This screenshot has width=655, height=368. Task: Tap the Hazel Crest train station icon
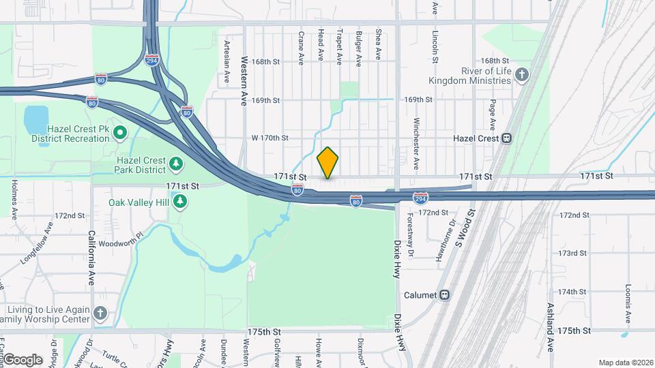507,138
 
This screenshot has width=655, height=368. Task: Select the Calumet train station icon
445,294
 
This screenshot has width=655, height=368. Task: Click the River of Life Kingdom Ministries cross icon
522,75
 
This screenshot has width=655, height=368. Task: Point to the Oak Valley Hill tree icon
180,201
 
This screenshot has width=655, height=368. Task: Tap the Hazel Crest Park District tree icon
176,164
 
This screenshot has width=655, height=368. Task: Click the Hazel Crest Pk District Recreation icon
120,132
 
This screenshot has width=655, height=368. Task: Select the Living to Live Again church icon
100,313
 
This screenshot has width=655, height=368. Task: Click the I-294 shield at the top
152,59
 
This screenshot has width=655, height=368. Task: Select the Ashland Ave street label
549,310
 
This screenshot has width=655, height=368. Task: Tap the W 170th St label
270,138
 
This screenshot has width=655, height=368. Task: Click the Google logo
22,359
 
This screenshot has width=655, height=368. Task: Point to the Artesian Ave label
227,61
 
